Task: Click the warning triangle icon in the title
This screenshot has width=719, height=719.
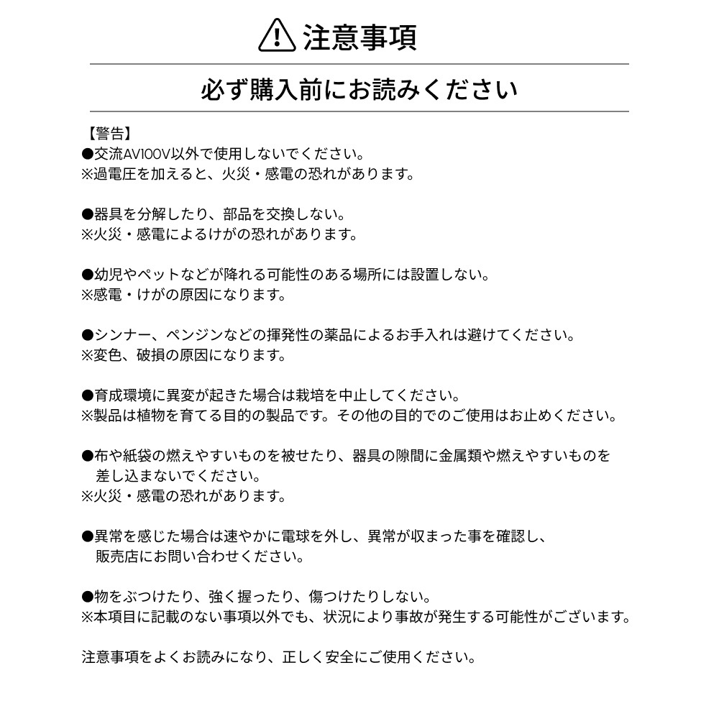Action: pos(276,35)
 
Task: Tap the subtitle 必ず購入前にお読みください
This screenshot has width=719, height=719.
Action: pos(359,91)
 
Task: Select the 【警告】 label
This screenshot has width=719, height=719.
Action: pos(106,134)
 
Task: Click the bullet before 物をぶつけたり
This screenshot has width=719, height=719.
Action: pos(88,597)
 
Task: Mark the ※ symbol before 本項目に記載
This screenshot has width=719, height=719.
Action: pos(88,617)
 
